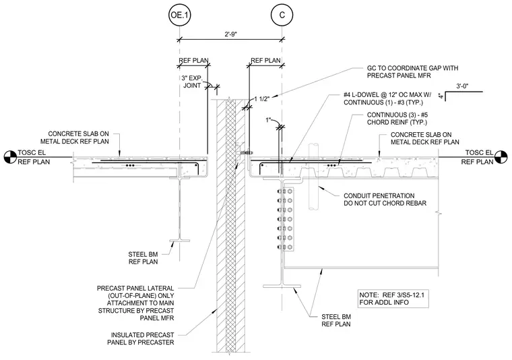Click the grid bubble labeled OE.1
pos(179,15)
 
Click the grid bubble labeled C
pos(282,15)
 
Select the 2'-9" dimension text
pos(231,34)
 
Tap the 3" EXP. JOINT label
pos(192,82)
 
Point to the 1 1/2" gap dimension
pos(261,99)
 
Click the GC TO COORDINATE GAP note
pos(412,72)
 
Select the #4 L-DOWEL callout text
pos(387,98)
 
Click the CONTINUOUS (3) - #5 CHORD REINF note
pos(397,119)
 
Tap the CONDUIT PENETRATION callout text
pos(385,200)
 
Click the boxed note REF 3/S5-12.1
pos(393,298)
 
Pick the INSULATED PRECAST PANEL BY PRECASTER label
pos(141,339)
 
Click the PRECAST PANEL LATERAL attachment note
pos(135,303)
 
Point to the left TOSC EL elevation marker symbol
pos(10,157)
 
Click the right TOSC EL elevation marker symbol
pos(501,157)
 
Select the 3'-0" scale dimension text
pos(462,86)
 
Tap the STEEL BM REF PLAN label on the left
pos(143,258)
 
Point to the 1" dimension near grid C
pos(269,120)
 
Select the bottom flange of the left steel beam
pos(180,241)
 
